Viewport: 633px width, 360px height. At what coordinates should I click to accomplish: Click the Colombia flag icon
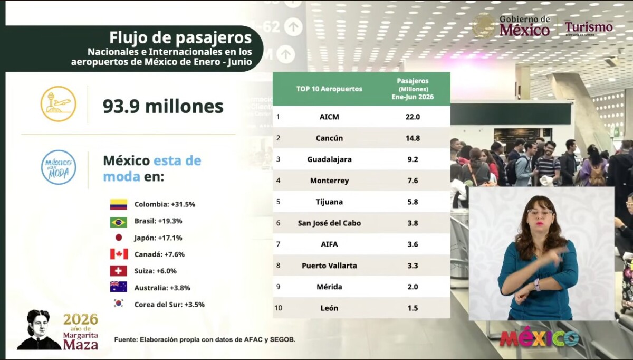coord(118,204)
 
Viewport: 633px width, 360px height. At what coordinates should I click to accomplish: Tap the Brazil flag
coord(118,222)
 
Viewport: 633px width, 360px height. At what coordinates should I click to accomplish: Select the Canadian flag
coord(119,254)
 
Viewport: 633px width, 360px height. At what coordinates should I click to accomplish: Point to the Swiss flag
coord(118,271)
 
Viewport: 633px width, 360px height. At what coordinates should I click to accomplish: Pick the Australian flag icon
coord(118,287)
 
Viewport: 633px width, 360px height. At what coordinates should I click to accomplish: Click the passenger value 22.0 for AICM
coord(413,117)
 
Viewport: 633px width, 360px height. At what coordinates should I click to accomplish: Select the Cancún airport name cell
coord(329,138)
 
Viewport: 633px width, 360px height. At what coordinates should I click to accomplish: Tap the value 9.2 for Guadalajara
coord(413,159)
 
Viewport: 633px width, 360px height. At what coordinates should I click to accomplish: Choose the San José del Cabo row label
coord(329,223)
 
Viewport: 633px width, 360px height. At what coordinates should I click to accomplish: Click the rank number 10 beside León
coord(279,308)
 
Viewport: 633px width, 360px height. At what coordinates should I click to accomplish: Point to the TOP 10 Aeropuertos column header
coord(329,89)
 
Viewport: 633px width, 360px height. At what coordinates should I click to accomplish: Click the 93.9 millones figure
coord(163,106)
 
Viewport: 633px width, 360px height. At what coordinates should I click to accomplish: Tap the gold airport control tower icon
coord(59,104)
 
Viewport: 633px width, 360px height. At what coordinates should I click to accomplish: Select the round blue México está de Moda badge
coord(59,167)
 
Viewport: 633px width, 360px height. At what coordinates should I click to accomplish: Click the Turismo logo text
coord(589,27)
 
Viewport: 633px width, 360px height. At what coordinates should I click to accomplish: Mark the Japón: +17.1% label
coord(158,238)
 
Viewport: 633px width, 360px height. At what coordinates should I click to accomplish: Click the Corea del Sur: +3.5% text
coord(169,305)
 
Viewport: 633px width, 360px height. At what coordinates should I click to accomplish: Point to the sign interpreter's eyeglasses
coord(540,213)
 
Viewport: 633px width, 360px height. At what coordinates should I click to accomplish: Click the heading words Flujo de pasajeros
coord(180,38)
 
